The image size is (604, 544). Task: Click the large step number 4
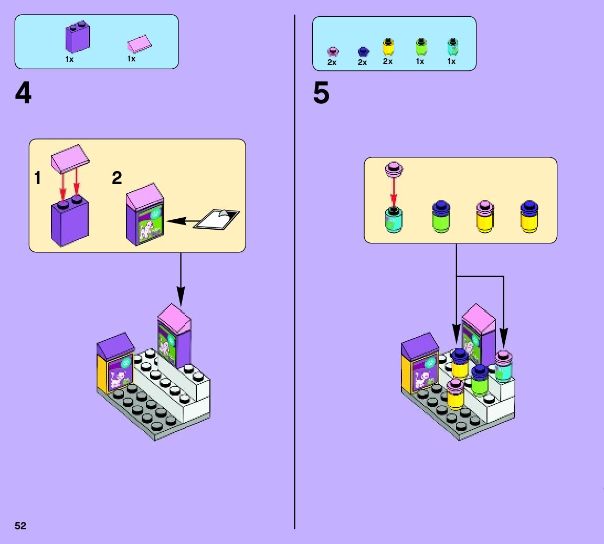pyautogui.click(x=23, y=94)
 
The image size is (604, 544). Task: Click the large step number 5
pyautogui.click(x=321, y=94)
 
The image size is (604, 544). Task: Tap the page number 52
pyautogui.click(x=20, y=526)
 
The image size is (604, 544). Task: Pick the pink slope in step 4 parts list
pyautogui.click(x=138, y=45)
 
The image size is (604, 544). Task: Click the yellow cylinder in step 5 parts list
pyautogui.click(x=388, y=47)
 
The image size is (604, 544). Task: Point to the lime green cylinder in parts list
pyautogui.click(x=420, y=47)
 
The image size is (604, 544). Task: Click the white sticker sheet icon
pyautogui.click(x=216, y=219)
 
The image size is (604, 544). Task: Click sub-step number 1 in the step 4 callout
pyautogui.click(x=37, y=179)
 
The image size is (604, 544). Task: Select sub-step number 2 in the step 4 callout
pyautogui.click(x=117, y=179)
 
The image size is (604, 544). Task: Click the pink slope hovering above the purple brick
pyautogui.click(x=70, y=159)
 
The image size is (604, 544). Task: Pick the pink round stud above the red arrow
pyautogui.click(x=394, y=169)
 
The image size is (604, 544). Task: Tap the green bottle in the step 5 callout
pyautogui.click(x=441, y=217)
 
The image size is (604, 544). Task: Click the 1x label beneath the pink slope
pyautogui.click(x=131, y=59)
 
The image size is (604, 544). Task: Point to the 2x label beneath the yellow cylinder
pyautogui.click(x=388, y=62)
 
